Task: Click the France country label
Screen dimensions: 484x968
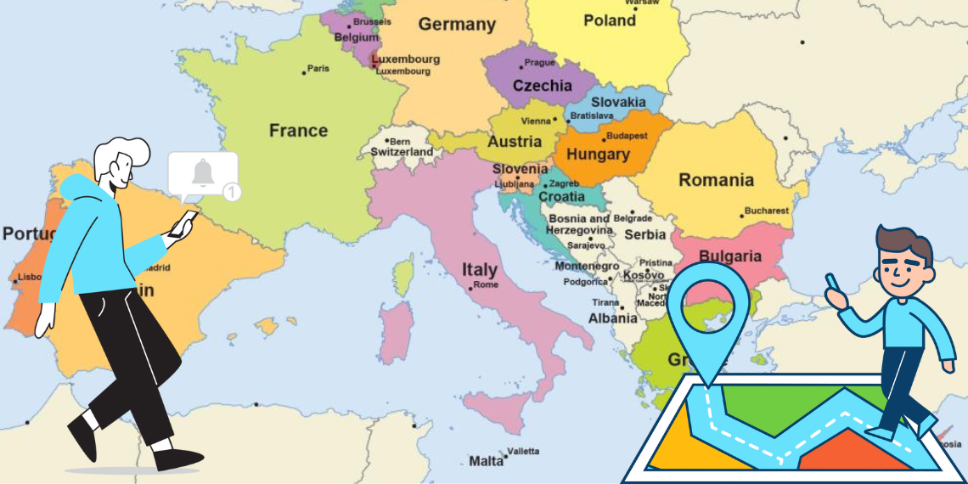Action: (x=298, y=131)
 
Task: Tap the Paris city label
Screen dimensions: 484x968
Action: (x=318, y=69)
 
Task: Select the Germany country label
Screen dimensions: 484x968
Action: (x=457, y=25)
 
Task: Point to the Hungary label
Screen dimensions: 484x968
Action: (x=598, y=155)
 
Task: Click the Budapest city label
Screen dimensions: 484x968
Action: (x=628, y=136)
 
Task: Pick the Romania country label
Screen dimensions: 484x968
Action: (x=716, y=180)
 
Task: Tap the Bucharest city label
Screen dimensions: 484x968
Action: (x=766, y=211)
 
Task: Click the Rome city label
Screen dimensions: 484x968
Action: (x=486, y=285)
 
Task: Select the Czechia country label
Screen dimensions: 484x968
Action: (x=543, y=86)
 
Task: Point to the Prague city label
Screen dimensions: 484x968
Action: (x=539, y=63)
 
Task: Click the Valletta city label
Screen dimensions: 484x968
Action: (x=522, y=452)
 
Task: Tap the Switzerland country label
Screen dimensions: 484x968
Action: (x=402, y=152)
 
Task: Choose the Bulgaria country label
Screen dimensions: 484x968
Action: (x=729, y=256)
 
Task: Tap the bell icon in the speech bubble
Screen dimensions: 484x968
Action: (x=202, y=173)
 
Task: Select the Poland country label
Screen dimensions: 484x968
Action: (x=609, y=20)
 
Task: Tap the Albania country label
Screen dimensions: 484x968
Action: (x=612, y=318)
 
